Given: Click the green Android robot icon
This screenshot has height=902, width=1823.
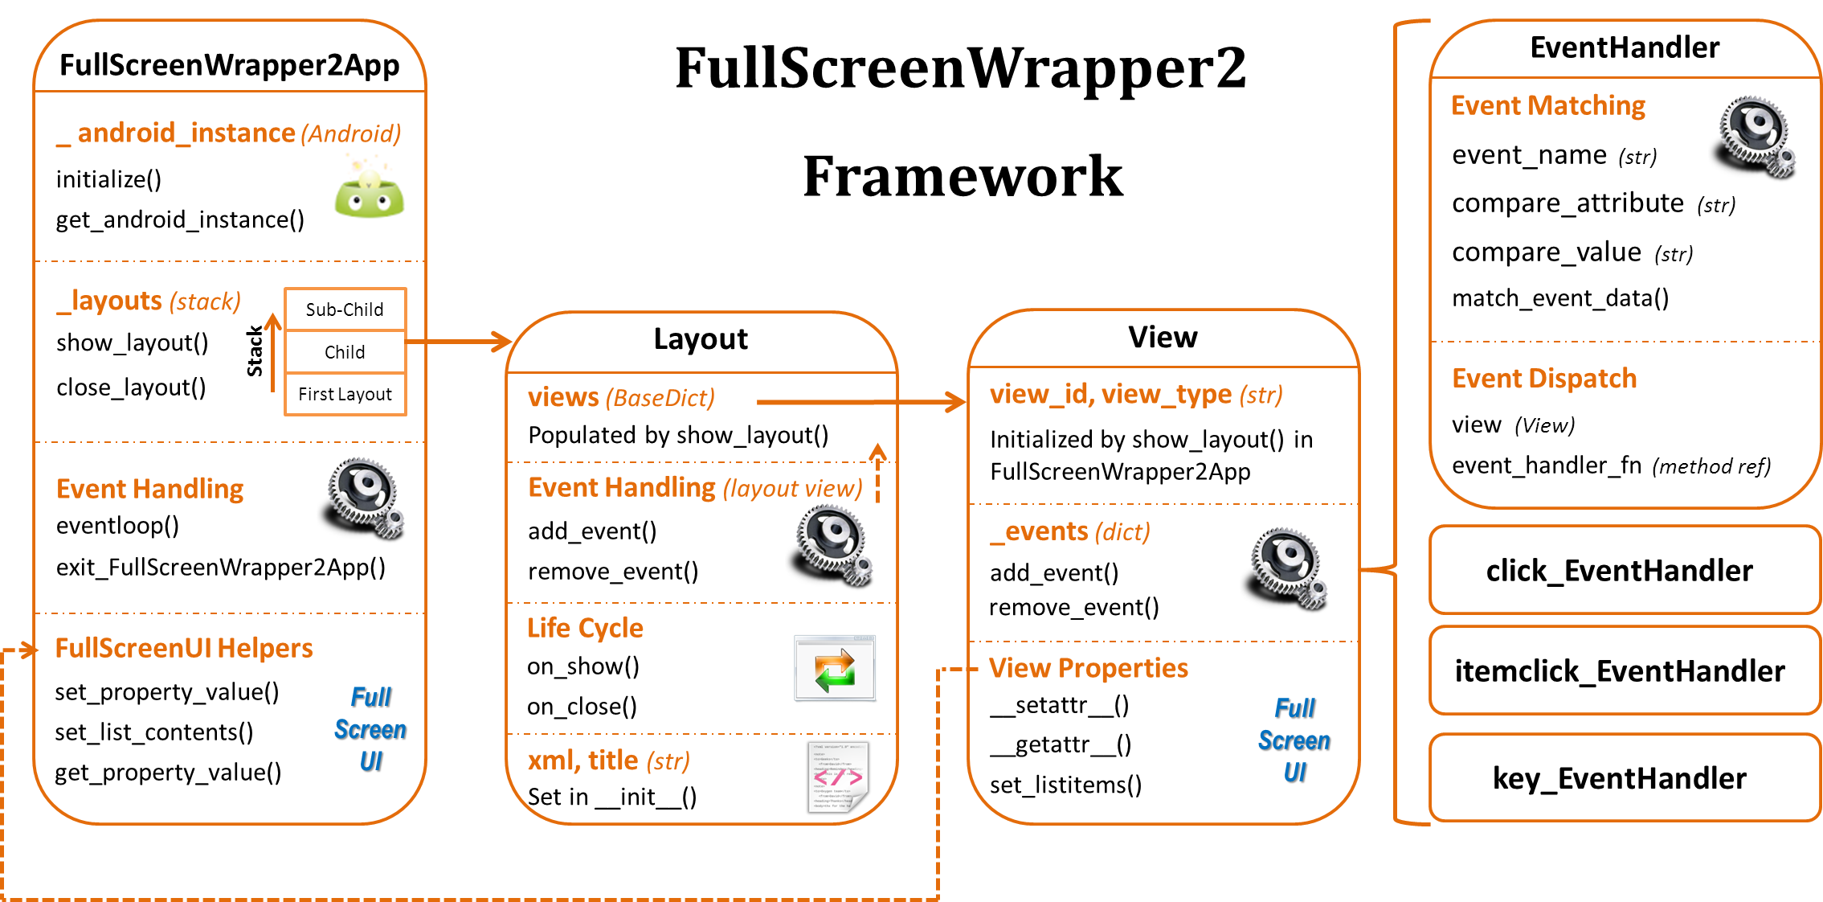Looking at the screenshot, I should coord(369,191).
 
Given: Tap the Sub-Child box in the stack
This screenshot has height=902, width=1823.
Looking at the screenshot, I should coord(345,310).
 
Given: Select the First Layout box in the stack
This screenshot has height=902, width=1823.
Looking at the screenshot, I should coord(345,394).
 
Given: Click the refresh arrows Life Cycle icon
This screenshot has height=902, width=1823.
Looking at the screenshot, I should coord(834,668).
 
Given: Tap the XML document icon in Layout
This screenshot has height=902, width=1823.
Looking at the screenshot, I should coord(837,777).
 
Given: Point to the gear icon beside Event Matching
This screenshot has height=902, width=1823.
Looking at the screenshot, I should coord(1756,136).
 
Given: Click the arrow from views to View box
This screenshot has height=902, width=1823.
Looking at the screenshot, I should coord(860,402).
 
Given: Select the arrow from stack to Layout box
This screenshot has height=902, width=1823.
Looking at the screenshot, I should coord(458,342).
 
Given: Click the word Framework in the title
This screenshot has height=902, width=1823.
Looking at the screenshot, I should coord(963,176).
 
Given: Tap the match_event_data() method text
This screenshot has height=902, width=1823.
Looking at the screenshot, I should coord(1559,298).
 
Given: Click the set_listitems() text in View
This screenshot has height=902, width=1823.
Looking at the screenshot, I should coord(1065,785).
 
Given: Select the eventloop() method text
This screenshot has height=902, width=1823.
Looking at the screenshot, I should coord(117,526).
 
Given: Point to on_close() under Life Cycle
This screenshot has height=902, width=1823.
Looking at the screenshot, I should coord(582,707).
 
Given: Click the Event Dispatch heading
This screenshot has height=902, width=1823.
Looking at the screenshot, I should coord(1543,378).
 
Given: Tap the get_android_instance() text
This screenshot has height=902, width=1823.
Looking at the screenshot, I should coord(180,219).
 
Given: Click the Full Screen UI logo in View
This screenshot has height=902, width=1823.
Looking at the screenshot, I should coord(1294,740).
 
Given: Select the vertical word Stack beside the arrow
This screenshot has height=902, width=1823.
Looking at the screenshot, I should coord(255,351).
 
